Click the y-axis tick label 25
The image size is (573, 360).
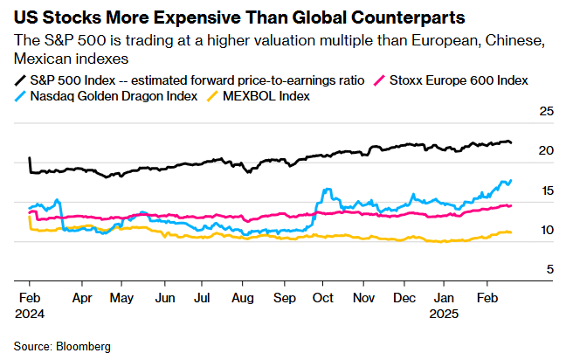[x=547, y=112]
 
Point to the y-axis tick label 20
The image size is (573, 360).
[x=547, y=151]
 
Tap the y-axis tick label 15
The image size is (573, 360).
[x=547, y=190]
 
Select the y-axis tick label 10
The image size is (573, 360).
[x=547, y=230]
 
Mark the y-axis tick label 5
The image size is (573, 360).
[x=550, y=269]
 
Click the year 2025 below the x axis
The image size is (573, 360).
[x=445, y=312]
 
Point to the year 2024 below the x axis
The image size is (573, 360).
[x=30, y=312]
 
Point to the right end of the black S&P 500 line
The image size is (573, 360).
[x=512, y=142]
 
